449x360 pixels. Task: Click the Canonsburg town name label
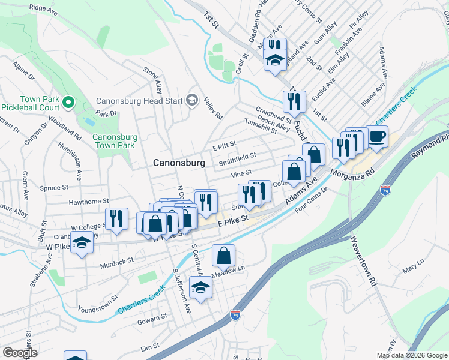[179, 163]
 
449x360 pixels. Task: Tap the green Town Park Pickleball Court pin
[68, 103]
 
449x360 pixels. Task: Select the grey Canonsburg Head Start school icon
[192, 100]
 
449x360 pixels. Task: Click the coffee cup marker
[377, 137]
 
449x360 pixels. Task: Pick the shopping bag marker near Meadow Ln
[223, 256]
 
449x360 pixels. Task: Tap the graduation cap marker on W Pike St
[80, 244]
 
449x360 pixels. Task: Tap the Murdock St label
[116, 262]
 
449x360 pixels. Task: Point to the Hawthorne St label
[89, 202]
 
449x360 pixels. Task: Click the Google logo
[20, 353]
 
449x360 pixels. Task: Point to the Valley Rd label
[213, 108]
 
